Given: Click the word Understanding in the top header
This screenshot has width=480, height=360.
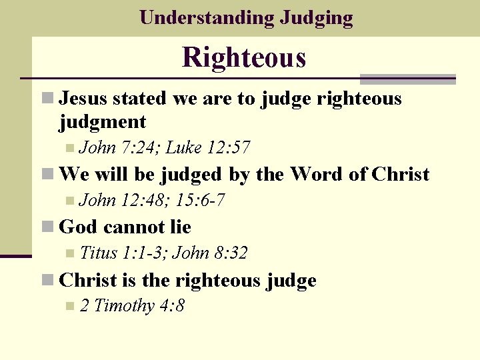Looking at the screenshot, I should pos(206,17).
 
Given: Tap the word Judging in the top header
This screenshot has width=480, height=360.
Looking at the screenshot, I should pos(317,18).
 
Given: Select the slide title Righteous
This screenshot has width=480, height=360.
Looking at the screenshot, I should pos(244,57).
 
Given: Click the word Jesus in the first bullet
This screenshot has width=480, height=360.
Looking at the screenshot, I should pos(84,99).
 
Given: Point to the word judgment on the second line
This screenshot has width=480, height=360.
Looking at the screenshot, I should pos(103,122).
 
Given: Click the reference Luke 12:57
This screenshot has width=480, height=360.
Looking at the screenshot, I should pos(208,147).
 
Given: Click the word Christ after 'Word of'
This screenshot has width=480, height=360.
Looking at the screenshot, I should pos(401,175).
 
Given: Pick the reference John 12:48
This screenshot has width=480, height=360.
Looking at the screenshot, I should pos(125,200).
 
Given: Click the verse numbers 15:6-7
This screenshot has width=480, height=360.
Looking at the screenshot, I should pos(199,200).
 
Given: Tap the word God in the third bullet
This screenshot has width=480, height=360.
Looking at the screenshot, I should pos(77,227).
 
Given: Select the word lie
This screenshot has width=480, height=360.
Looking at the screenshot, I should pos(180,227).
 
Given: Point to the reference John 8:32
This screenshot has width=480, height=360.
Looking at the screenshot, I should pos(210,253).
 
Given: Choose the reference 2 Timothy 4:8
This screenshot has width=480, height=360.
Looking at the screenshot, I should pos(132,306).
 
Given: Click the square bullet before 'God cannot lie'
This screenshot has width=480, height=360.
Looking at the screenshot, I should pos(47,227).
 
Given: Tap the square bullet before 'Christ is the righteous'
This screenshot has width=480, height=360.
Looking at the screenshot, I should pos(47,281).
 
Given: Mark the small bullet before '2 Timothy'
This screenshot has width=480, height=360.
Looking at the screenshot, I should pos(71,307).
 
